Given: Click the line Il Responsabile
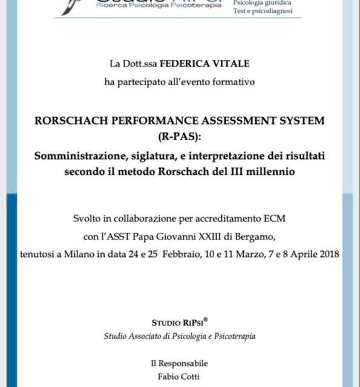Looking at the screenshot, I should coord(179,363).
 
